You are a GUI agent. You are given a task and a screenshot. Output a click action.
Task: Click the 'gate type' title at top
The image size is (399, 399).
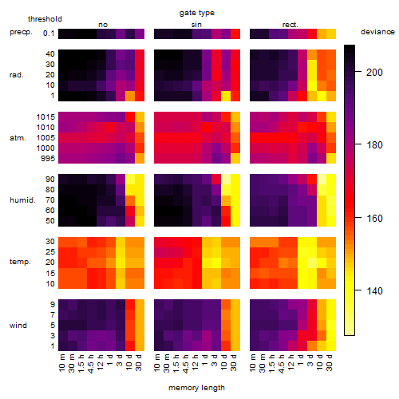click(x=197, y=13)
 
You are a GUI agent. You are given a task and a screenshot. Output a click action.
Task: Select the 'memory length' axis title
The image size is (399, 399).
click(x=196, y=388)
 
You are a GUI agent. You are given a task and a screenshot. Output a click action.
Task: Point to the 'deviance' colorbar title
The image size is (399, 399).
click(x=377, y=32)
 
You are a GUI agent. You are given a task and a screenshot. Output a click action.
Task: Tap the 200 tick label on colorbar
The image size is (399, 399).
click(x=374, y=72)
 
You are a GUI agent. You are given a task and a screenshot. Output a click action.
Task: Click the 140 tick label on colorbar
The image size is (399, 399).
click(x=374, y=290)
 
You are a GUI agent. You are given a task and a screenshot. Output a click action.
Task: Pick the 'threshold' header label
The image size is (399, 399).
click(x=45, y=19)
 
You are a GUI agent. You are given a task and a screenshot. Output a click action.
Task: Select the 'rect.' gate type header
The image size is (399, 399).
click(x=290, y=25)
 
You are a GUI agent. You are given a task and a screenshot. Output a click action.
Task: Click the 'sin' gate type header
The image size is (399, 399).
click(x=196, y=25)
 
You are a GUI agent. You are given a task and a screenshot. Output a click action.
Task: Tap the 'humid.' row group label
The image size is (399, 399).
click(x=22, y=200)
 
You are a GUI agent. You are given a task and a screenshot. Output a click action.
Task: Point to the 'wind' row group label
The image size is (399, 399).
click(x=18, y=326)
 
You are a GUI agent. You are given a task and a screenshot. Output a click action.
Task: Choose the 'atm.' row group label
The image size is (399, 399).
click(x=18, y=138)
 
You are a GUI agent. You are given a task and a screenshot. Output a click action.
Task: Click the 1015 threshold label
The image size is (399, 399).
click(x=45, y=117)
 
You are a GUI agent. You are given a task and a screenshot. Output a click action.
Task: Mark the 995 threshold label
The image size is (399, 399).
click(x=48, y=159)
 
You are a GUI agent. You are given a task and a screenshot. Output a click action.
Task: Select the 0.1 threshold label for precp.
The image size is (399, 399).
click(x=49, y=34)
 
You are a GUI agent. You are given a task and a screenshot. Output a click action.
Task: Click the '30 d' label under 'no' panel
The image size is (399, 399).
click(x=139, y=362)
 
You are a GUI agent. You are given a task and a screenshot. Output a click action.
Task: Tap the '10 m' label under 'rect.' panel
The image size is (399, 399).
click(x=254, y=362)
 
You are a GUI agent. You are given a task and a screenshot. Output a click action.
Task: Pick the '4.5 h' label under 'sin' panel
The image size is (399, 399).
click(x=187, y=364)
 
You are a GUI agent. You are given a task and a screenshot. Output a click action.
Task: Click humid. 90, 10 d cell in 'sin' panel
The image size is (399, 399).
click(x=226, y=179)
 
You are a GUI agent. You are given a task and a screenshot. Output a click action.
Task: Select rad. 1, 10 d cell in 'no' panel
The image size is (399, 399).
click(x=130, y=96)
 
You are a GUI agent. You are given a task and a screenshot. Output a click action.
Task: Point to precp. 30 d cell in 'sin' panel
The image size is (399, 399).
click(x=235, y=34)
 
